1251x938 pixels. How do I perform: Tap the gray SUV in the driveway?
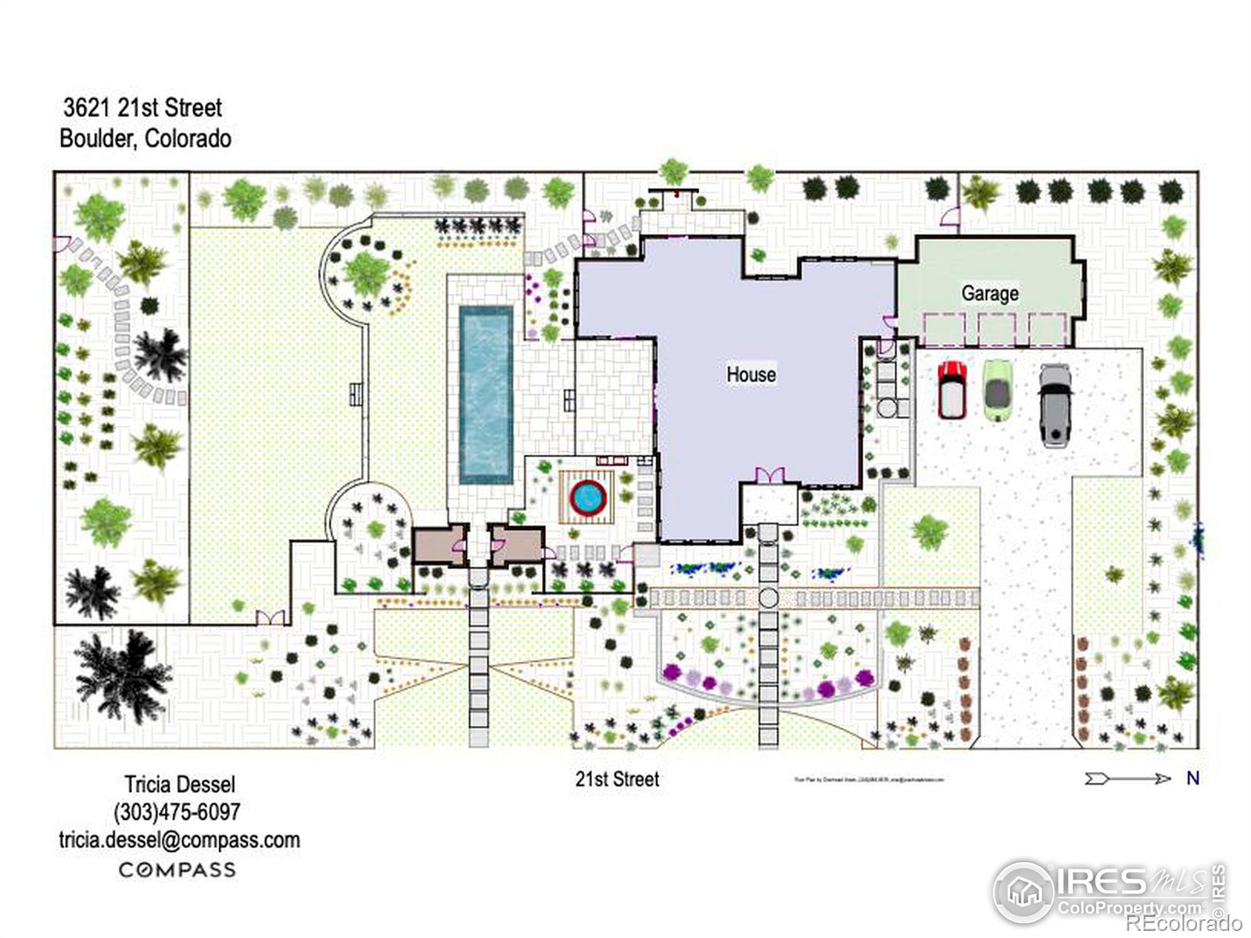coord(1054,405)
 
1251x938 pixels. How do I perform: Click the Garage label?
coord(989,293)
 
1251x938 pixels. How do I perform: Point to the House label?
coord(751,374)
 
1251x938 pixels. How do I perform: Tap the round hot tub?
coord(588,496)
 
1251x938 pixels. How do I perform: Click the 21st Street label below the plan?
coord(617,779)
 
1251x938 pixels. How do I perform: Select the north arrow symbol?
coord(1127,778)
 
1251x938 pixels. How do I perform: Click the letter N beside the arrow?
coord(1192,778)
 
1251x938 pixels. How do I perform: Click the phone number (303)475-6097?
coord(177,811)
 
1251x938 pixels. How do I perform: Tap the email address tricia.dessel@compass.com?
coord(179,840)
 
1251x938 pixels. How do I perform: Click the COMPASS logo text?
coord(177,869)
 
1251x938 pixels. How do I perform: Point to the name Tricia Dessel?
coord(179,784)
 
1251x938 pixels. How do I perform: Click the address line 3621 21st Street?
coord(142,107)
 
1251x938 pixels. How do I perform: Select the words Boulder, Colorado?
coord(145,138)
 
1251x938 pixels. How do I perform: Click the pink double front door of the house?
coord(769,475)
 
